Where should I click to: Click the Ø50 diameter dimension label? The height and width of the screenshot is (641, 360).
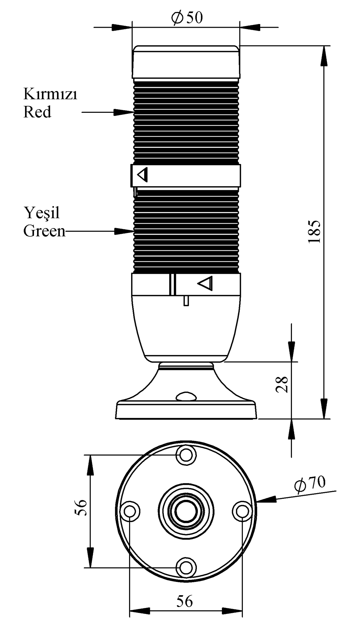187,18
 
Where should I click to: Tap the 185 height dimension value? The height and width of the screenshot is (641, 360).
315,231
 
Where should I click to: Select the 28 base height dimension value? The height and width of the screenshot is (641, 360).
282,384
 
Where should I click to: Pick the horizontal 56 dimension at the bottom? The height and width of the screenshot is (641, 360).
185,602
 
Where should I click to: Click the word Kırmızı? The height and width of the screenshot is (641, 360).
50,94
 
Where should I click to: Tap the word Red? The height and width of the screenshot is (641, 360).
37,112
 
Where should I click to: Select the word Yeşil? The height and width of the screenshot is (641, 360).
41,213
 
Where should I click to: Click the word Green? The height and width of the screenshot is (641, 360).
44,231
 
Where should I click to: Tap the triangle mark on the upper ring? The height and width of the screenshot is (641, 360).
143,175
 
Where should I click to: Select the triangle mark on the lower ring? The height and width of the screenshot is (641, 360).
206,283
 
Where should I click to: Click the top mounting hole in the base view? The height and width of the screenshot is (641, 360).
186,455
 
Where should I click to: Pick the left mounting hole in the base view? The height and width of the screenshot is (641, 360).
130,511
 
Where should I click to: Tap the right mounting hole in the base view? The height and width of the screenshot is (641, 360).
242,511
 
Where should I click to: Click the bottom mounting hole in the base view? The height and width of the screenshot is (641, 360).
186,568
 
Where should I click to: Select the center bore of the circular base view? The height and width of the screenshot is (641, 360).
186,511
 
